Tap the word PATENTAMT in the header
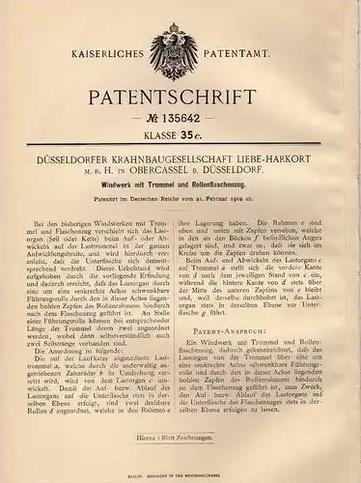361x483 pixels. point(257,42)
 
